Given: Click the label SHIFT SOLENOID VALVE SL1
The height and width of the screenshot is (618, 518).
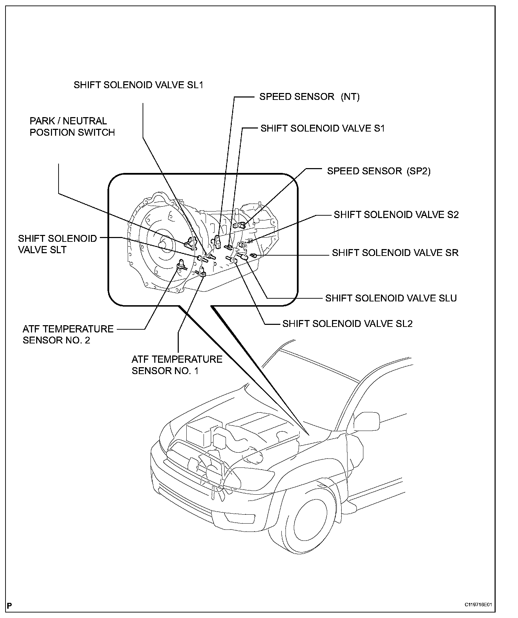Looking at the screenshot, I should point(138,85).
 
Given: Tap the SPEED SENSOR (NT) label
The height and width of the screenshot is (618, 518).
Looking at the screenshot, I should point(309,97).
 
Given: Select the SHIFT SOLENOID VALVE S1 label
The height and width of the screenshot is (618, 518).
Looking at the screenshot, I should point(322,128).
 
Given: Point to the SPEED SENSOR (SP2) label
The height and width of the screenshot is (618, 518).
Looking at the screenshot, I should point(379,171).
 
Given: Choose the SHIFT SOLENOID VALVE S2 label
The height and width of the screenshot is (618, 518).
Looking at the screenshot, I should point(396,215).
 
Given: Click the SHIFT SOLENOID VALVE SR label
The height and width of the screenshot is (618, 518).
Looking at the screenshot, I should point(395,253).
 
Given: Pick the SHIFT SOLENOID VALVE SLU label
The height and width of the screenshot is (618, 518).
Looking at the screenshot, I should point(391,298).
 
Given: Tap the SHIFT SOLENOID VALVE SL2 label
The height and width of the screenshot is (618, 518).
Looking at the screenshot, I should point(347,324).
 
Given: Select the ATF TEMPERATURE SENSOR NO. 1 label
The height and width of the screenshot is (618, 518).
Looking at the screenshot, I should point(177,365).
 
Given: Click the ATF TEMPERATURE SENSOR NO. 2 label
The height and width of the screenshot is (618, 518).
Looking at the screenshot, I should point(68,334).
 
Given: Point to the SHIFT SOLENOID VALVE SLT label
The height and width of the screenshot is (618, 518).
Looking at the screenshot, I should point(58,244).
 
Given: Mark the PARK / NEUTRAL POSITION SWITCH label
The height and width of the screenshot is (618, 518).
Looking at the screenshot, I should point(72,127).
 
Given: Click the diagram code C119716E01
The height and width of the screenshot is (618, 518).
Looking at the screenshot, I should point(478,596).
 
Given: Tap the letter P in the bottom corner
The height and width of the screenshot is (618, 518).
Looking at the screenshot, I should point(10,596).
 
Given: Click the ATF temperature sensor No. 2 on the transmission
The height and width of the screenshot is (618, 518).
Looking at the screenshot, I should point(180,265).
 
